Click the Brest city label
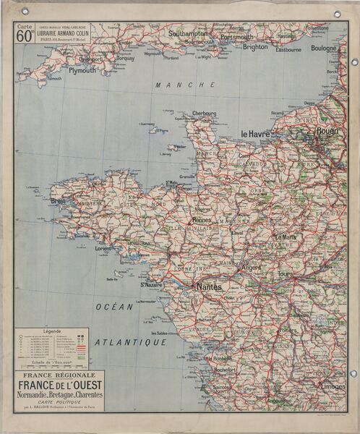click(58, 201)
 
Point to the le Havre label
click(255, 134)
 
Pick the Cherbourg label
click(205, 114)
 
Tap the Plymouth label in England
click(82, 71)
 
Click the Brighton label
click(254, 46)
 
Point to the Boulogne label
click(324, 48)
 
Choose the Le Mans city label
click(284, 237)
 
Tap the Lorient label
click(103, 249)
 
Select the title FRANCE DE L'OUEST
click(61, 386)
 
